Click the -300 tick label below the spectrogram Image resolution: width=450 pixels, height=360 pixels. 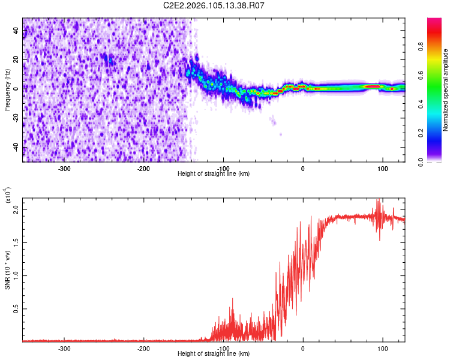click(x=64, y=169)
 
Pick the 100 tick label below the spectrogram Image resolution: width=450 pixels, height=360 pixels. click(x=382, y=169)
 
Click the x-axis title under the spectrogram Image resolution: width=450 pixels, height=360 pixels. click(x=214, y=174)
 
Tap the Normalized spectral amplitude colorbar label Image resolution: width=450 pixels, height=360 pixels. click(x=446, y=90)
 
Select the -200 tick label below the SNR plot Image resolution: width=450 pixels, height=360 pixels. click(x=143, y=348)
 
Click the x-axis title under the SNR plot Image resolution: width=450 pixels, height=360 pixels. click(x=214, y=354)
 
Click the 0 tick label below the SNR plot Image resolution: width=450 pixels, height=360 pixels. click(x=303, y=348)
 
